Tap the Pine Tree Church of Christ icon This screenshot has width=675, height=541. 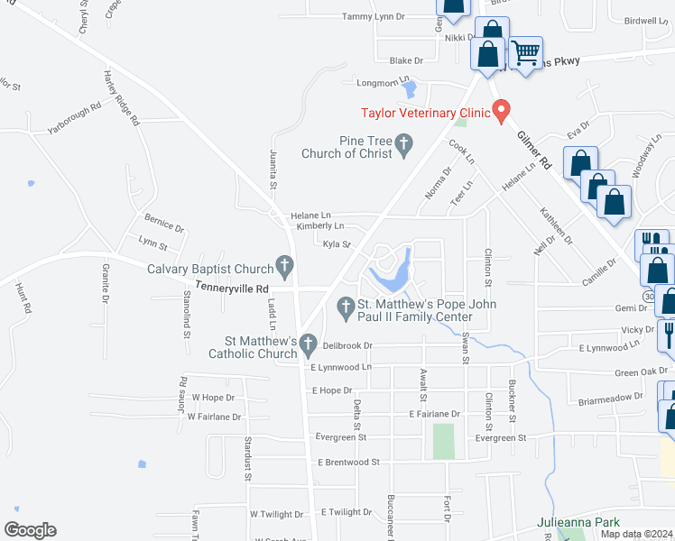pyautogui.click(x=404, y=142)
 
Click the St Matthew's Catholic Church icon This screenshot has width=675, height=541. pyautogui.click(x=308, y=344)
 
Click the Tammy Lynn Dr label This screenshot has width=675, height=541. pyautogui.click(x=374, y=16)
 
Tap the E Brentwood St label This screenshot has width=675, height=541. pyautogui.click(x=347, y=462)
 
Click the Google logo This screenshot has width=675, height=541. pyautogui.click(x=30, y=530)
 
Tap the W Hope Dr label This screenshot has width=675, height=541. pyautogui.click(x=211, y=398)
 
